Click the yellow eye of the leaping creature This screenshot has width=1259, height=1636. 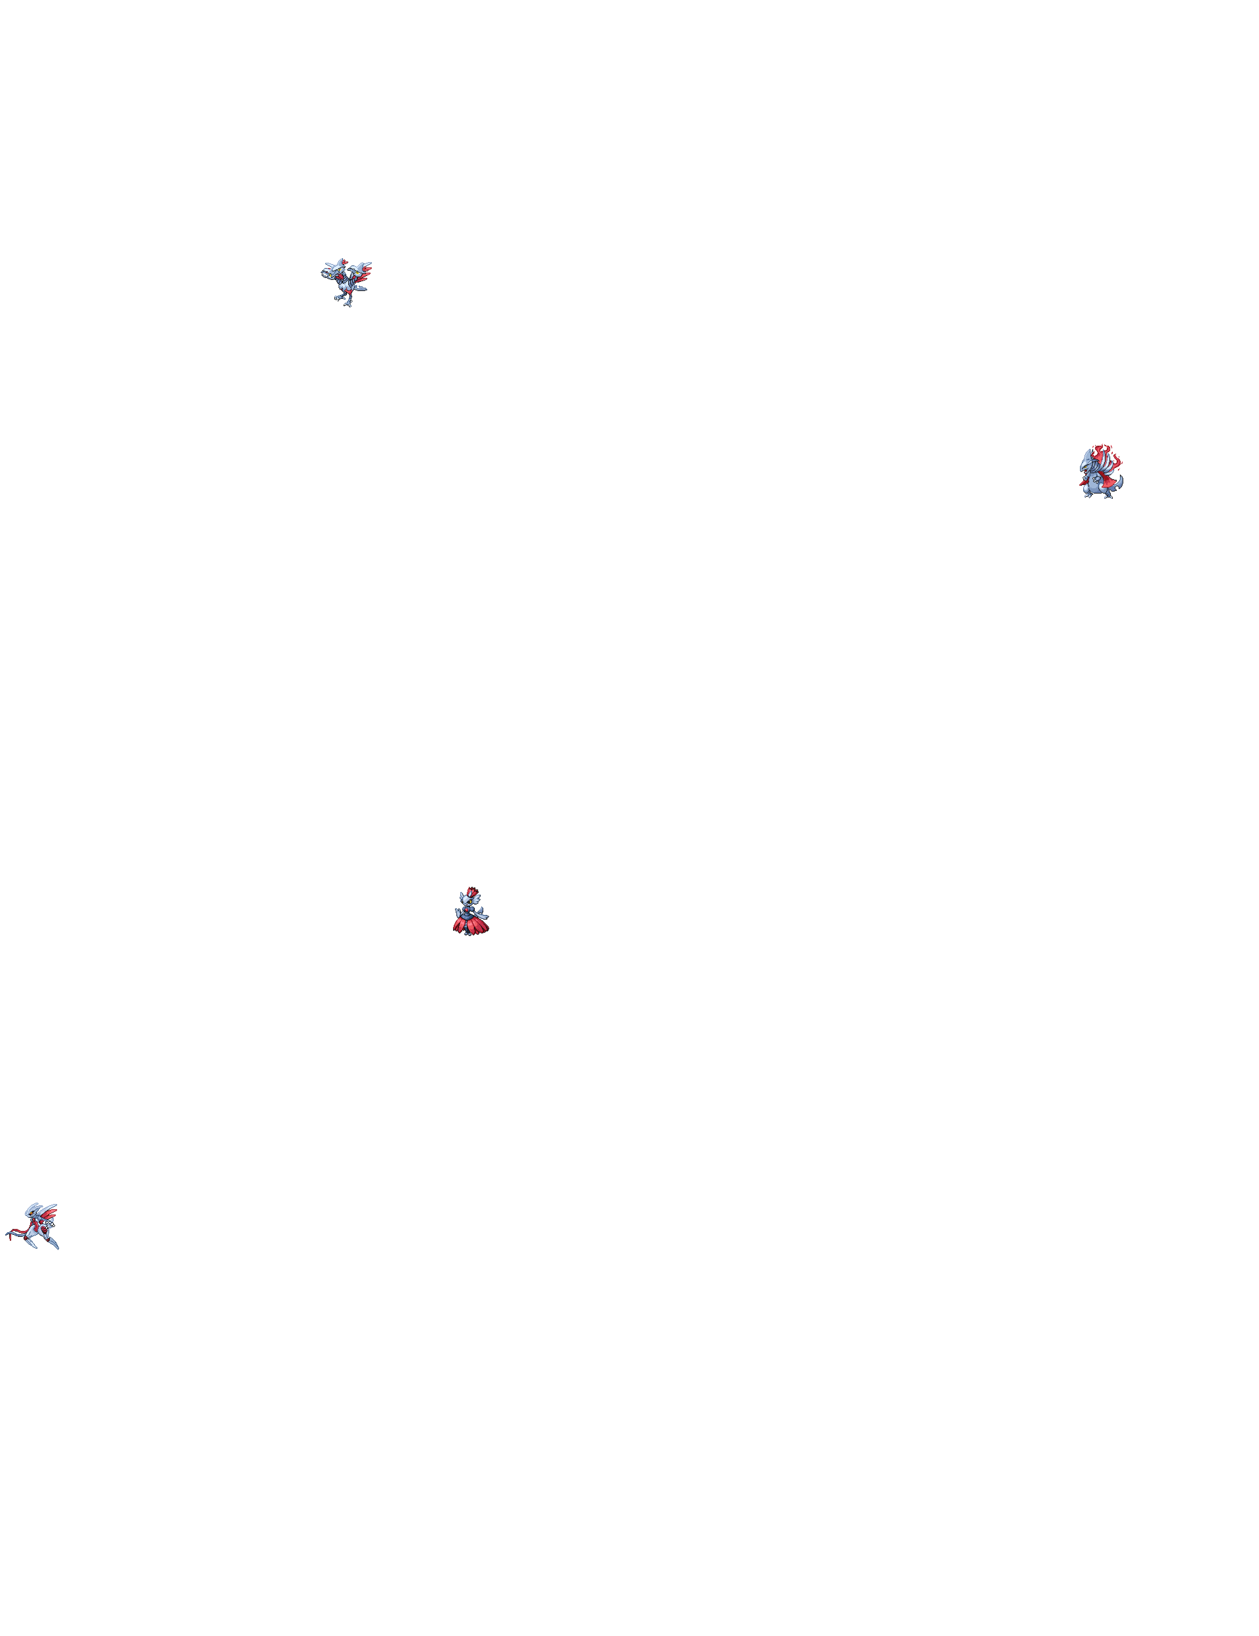(x=31, y=1213)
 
